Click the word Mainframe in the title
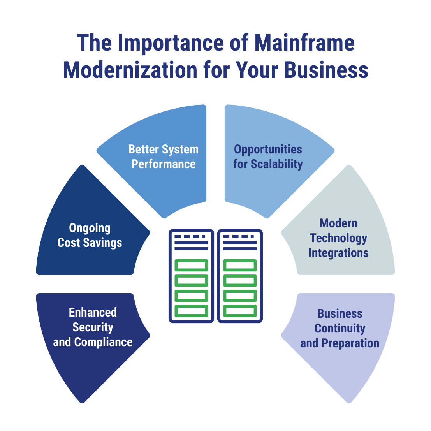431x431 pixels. [304, 42]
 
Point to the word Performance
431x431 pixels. [164, 164]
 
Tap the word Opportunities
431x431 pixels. [268, 149]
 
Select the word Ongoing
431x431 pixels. [90, 228]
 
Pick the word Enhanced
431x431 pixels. [93, 312]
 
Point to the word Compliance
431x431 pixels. [103, 342]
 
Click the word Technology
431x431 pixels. [338, 238]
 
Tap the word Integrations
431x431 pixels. [338, 253]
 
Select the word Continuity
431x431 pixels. [340, 328]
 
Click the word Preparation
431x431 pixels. [350, 343]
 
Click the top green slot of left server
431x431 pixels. [191, 266]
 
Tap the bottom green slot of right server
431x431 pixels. [240, 311]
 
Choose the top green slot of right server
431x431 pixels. [240, 266]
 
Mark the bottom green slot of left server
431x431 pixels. [191, 311]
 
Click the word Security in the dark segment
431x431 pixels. [93, 327]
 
